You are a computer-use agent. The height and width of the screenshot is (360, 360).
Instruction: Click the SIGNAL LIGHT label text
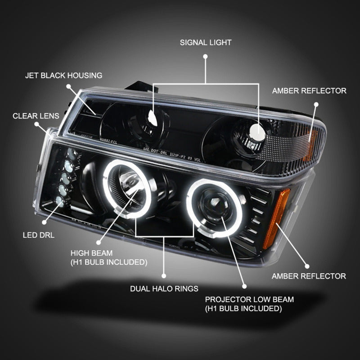[x=206, y=43]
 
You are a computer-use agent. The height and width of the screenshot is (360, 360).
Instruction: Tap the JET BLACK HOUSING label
[x=63, y=75]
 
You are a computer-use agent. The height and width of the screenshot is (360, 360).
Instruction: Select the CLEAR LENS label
[x=36, y=116]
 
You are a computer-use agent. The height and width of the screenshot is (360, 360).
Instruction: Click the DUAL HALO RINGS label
[x=164, y=288]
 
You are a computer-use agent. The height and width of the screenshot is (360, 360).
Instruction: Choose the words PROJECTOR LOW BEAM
[x=250, y=299]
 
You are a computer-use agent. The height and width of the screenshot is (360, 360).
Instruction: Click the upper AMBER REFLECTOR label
[x=309, y=91]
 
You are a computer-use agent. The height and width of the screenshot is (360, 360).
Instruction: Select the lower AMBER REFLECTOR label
[x=309, y=276]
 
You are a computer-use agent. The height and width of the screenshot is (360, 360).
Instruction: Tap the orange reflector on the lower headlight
[x=276, y=219]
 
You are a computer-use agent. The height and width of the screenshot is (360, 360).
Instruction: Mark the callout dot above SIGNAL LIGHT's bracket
[x=206, y=57]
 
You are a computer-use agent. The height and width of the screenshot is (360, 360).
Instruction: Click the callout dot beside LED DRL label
[x=44, y=221]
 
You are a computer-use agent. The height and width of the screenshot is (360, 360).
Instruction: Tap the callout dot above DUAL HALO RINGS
[x=164, y=275]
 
